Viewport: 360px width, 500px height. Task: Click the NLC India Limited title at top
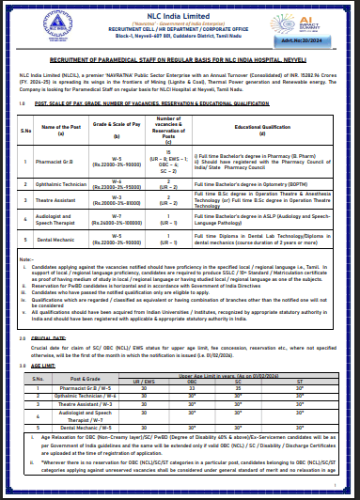(x=180, y=8)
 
